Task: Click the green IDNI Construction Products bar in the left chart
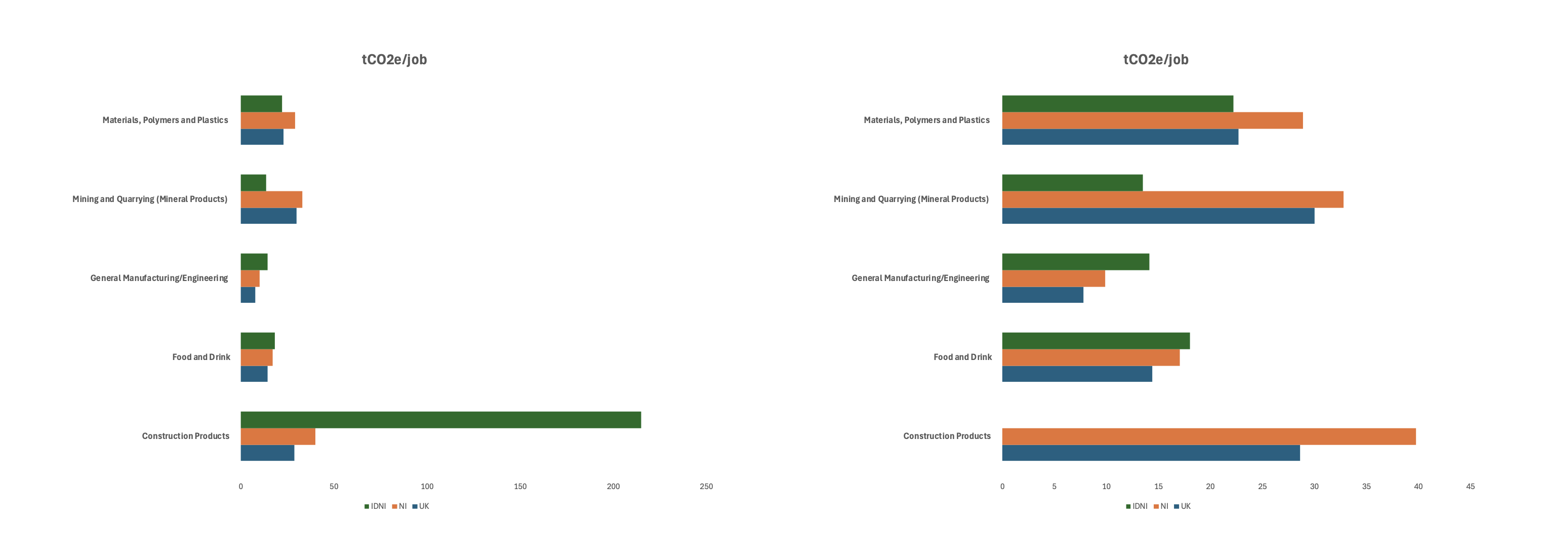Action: coord(440,420)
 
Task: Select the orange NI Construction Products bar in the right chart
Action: coord(1208,436)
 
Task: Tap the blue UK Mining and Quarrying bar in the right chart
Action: coord(1158,216)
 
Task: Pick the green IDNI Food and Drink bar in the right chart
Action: coord(1095,341)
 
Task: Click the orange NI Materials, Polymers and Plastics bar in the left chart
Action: coord(268,121)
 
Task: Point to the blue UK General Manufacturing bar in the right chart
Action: coord(1042,295)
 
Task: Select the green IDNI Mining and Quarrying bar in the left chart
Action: coord(253,183)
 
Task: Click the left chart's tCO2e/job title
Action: coord(394,59)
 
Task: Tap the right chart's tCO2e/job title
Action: coord(1156,59)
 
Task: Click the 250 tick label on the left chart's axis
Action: coord(706,486)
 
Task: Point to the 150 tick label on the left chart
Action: coord(520,486)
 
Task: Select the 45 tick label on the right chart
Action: coord(1470,486)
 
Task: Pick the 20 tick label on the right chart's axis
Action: coord(1210,486)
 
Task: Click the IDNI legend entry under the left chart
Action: coord(375,506)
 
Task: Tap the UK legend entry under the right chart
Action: coord(1183,506)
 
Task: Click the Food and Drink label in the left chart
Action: coord(201,357)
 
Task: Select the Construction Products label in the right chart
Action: coord(947,436)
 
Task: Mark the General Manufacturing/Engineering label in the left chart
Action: coord(159,278)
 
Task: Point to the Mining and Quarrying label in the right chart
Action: coord(911,199)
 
